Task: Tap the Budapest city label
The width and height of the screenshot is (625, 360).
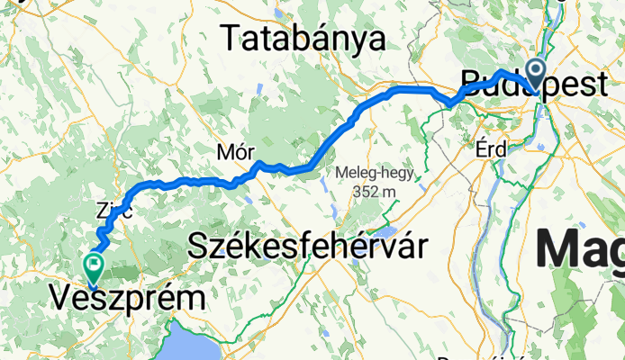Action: click(x=532, y=83)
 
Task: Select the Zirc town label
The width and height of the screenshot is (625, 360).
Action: click(x=114, y=212)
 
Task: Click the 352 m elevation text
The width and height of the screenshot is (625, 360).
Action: click(x=376, y=191)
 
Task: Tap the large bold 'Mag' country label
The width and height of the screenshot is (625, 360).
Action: click(x=581, y=248)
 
